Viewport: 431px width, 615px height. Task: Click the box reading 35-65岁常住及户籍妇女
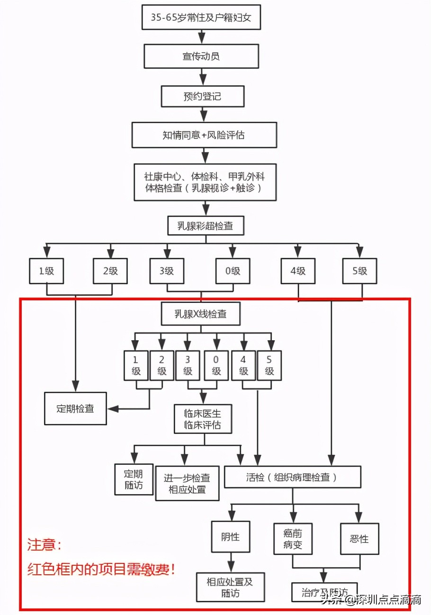(x=201, y=18)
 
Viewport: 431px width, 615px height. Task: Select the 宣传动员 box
(x=201, y=56)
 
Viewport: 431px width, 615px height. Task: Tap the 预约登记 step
(x=202, y=96)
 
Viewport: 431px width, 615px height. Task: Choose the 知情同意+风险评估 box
(x=204, y=135)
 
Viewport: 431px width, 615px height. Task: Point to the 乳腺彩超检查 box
(x=205, y=226)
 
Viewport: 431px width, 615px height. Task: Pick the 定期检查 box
(x=75, y=408)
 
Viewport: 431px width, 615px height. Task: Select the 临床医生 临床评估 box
(x=202, y=418)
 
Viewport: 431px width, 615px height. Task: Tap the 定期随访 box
(x=134, y=479)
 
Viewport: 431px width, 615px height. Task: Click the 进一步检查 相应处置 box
(x=187, y=483)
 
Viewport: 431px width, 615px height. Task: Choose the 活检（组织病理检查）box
(x=292, y=477)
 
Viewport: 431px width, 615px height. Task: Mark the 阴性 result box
(x=230, y=537)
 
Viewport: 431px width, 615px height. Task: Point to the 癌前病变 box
(x=294, y=539)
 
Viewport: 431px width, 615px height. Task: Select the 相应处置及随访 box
(x=230, y=587)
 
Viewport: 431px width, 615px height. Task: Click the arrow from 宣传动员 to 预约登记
(x=202, y=76)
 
